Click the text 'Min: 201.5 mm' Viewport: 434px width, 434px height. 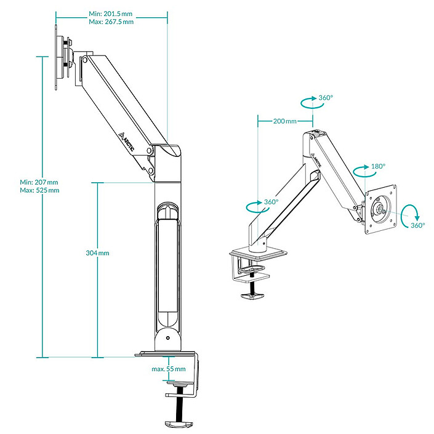(111, 14)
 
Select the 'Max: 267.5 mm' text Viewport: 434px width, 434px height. (111, 22)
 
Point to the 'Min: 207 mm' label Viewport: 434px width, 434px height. (39, 182)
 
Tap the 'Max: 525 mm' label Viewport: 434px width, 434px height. (39, 190)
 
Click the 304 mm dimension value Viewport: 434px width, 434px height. (97, 253)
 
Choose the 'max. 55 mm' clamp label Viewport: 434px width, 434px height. (168, 369)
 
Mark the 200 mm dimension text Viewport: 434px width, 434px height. (284, 121)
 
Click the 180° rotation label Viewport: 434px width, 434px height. (378, 166)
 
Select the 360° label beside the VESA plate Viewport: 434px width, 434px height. (417, 225)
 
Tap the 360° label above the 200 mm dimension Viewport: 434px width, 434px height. (326, 98)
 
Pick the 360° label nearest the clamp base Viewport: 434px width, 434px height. (271, 202)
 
